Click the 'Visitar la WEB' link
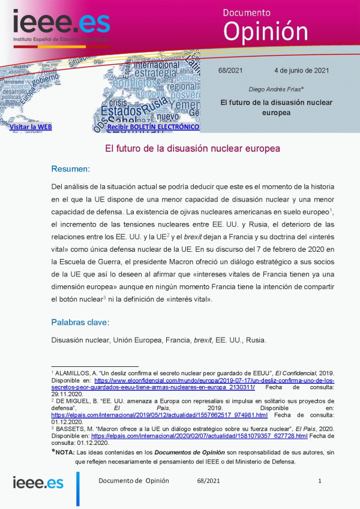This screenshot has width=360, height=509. click(x=31, y=127)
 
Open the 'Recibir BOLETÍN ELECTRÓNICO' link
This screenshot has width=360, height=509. click(x=153, y=127)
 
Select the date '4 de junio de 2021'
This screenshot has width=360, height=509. click(x=301, y=71)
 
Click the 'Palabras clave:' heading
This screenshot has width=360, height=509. click(x=80, y=323)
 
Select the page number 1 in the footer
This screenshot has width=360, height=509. click(x=320, y=481)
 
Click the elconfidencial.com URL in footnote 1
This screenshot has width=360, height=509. click(x=214, y=380)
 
